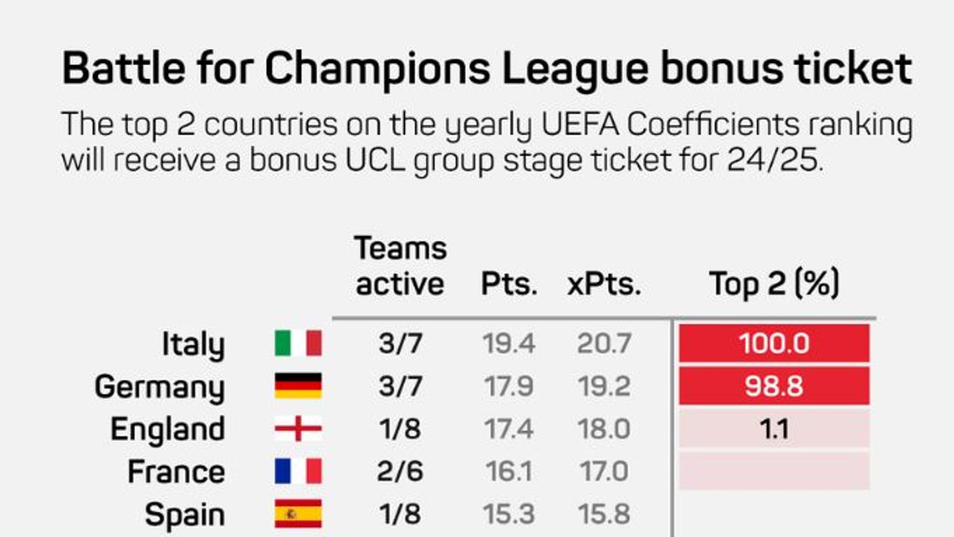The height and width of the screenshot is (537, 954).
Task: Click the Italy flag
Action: coord(298,344)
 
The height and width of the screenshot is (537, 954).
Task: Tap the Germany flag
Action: coord(298,386)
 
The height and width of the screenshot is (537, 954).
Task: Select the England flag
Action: coord(298,428)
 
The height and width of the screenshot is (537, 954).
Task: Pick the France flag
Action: coord(298,471)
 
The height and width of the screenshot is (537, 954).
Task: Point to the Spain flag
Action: coord(298,514)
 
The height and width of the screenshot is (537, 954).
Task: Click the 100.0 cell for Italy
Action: coord(774,344)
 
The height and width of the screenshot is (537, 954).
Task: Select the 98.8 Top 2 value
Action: coord(774,386)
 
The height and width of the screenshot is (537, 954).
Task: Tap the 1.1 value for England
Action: coord(774,429)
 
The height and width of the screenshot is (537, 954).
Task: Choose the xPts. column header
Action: coord(604,284)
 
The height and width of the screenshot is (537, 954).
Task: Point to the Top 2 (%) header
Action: coord(774,283)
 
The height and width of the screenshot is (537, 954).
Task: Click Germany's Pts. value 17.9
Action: coord(508,386)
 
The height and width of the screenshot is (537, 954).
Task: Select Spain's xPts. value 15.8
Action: coord(604,514)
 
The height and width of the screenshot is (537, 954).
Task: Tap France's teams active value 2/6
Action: coord(400,471)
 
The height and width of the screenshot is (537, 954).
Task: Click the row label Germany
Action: coord(160,387)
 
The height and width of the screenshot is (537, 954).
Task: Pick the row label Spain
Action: coord(184,515)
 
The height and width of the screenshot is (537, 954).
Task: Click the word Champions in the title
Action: coord(377,69)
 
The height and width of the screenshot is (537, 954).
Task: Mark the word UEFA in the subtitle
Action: coord(580,125)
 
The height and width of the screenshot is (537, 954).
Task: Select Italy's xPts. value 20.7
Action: coord(604,344)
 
